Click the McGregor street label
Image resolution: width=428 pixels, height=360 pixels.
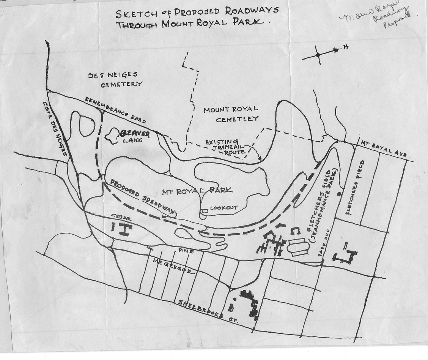click(x=173, y=266)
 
